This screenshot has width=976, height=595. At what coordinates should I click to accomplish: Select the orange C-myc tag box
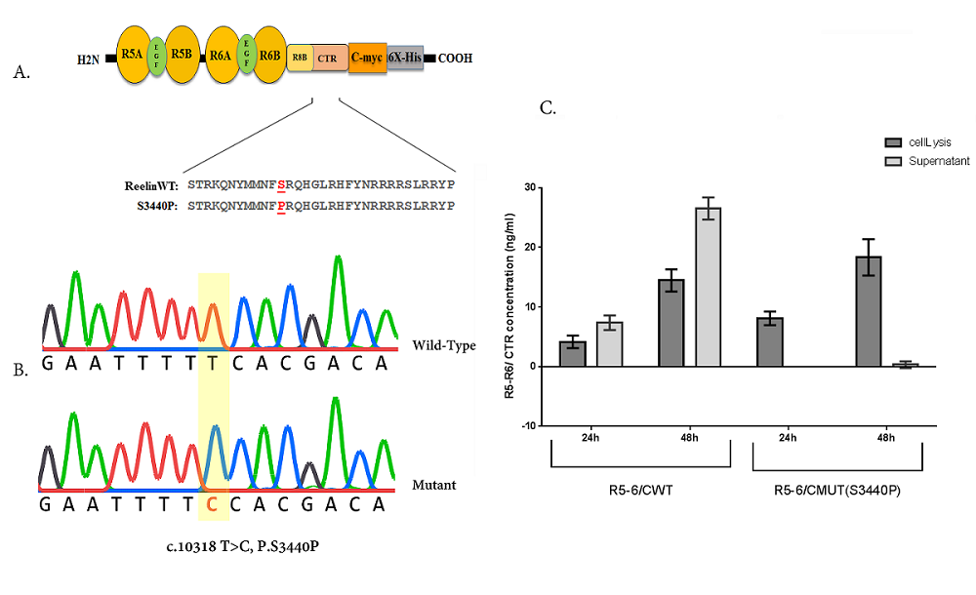[x=367, y=58]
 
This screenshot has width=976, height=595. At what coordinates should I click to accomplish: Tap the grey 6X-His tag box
[x=406, y=58]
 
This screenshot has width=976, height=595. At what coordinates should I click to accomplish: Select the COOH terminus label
[x=456, y=59]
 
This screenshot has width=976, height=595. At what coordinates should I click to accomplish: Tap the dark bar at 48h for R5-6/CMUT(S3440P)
[x=869, y=311]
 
